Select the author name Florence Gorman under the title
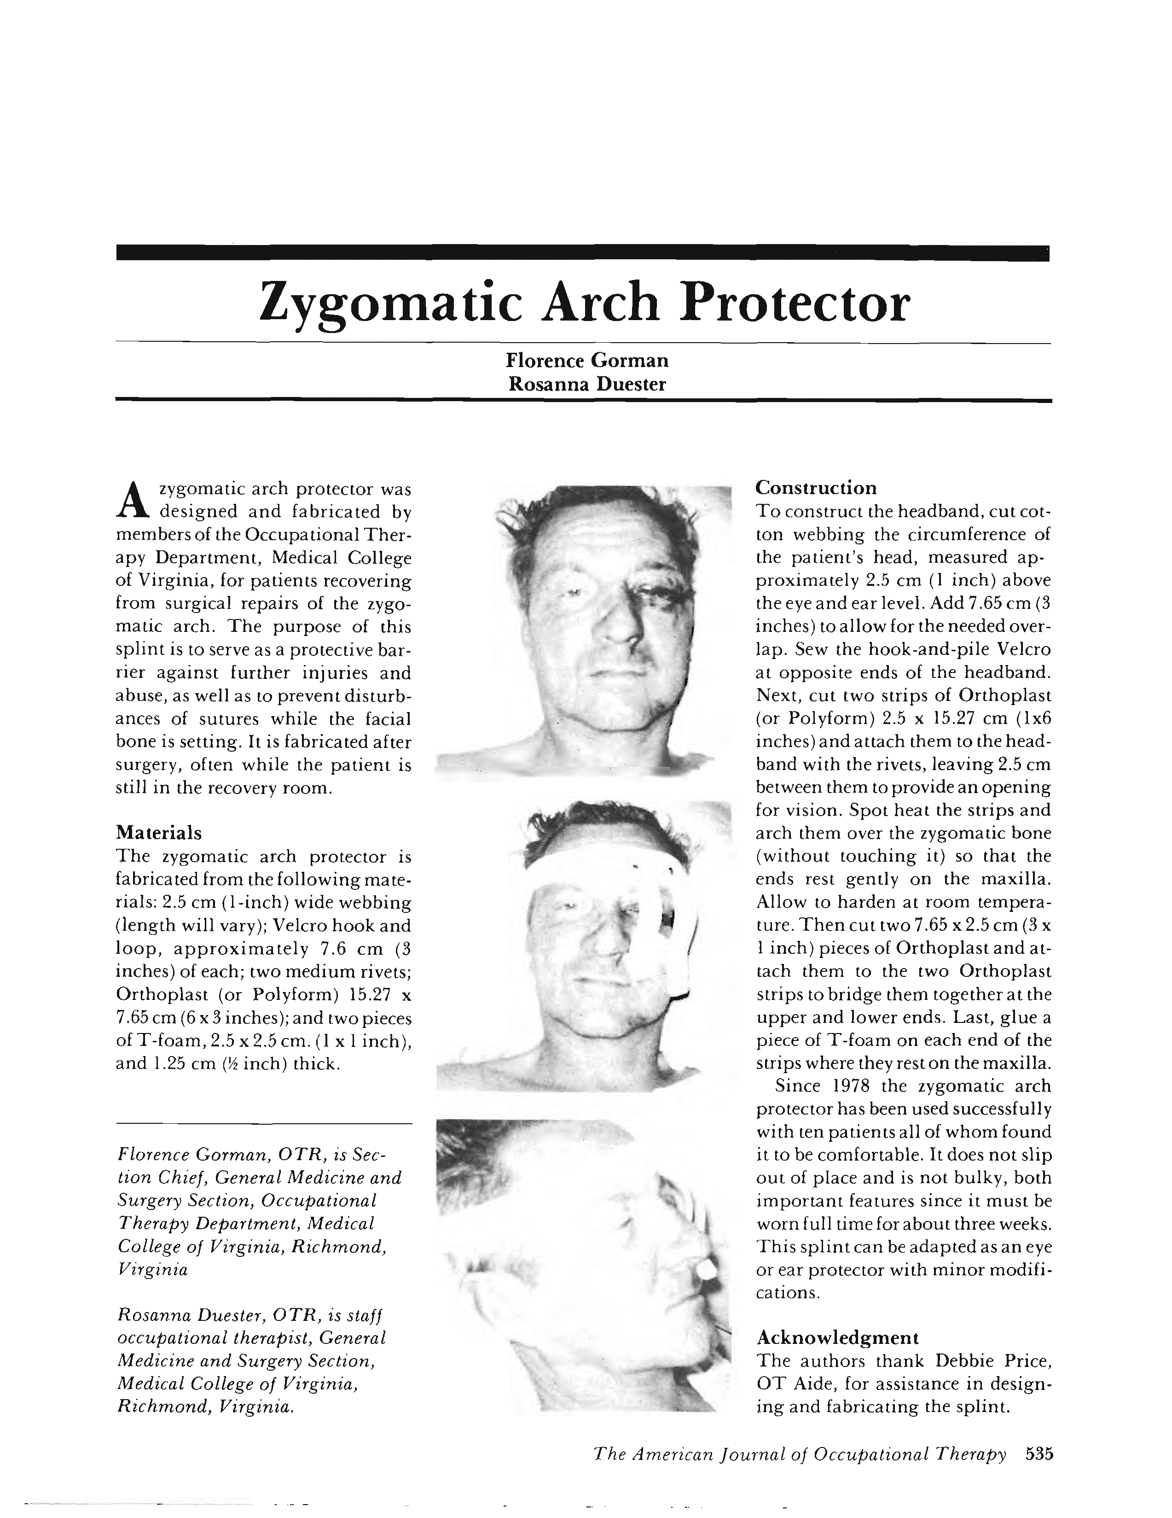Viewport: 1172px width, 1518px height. point(587,360)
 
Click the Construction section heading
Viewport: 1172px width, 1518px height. point(816,487)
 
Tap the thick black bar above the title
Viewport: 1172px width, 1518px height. point(582,253)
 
